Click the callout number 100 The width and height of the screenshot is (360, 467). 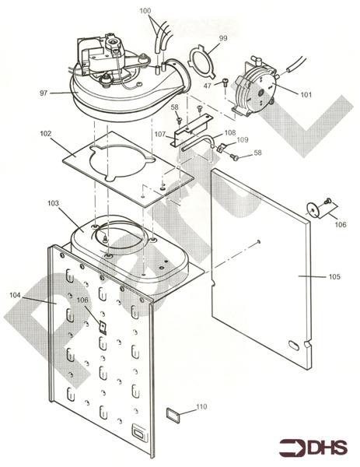(168, 12)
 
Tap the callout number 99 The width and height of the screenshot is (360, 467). (223, 37)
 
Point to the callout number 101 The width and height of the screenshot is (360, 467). (306, 94)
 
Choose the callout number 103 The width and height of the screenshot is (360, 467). (53, 202)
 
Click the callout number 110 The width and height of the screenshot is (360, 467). (201, 406)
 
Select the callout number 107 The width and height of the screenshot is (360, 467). (159, 135)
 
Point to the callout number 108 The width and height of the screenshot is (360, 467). (230, 132)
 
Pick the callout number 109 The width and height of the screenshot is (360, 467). (243, 140)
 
